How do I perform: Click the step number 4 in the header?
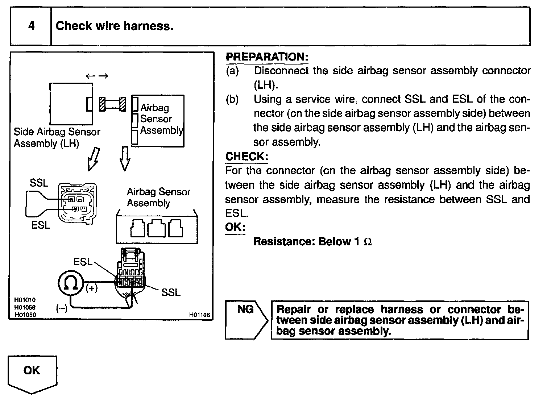pos(32,26)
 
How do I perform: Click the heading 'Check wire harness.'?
pos(115,26)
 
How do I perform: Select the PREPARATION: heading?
pos(267,57)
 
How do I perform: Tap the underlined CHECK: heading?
pos(247,157)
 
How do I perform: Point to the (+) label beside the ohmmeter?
pos(91,288)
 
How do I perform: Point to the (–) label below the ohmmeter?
pos(62,308)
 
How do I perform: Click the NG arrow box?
pos(246,320)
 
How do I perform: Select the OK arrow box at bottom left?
pos(32,374)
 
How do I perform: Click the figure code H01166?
pos(199,315)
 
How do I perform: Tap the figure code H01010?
pos(25,300)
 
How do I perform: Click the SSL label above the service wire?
pos(39,183)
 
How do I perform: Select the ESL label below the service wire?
pos(41,225)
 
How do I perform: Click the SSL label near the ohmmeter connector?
pos(171,292)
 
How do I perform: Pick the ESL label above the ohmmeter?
pos(83,262)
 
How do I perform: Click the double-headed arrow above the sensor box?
pos(97,76)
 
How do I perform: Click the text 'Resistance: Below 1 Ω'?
pos(312,241)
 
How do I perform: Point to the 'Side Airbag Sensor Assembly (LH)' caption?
pos(57,137)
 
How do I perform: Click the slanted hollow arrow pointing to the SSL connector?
pos(94,159)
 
